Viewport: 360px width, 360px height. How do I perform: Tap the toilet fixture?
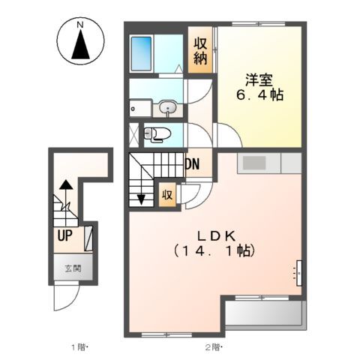(157, 134)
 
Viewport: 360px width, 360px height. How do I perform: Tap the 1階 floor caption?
(79, 347)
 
